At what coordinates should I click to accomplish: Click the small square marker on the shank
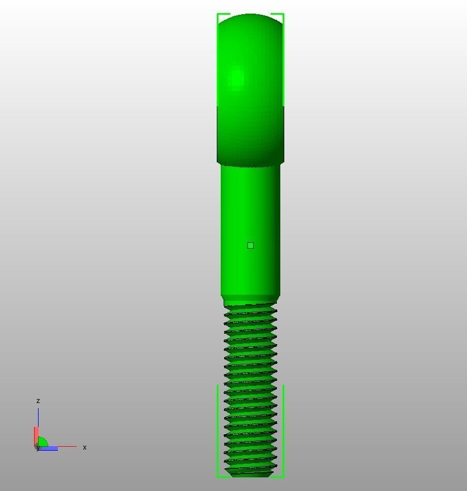coord(250,245)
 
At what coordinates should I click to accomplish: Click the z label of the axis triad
coord(38,401)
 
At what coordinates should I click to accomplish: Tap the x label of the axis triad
coord(85,447)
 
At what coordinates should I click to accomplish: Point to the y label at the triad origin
coord(37,448)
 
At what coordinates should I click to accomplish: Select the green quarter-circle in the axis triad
coord(42,442)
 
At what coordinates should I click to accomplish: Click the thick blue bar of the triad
coord(48,448)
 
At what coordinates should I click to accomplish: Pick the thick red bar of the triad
coord(35,437)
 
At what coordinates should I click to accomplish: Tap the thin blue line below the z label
coord(38,417)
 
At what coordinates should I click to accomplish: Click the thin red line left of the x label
coord(67,447)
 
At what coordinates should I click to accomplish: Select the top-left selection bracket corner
coord(218,15)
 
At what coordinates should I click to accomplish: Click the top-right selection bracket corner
coord(283,15)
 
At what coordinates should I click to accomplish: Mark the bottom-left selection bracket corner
coord(218,476)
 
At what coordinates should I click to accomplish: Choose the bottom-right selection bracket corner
coord(283,476)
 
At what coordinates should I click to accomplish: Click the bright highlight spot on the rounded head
coord(236,77)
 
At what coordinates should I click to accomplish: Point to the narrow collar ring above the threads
coord(250,300)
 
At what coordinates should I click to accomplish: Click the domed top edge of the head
coord(250,16)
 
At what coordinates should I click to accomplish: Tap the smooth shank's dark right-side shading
coord(276,227)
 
